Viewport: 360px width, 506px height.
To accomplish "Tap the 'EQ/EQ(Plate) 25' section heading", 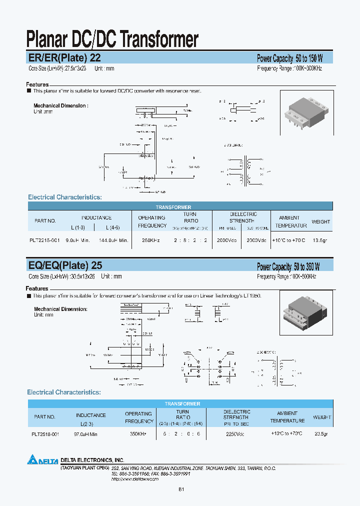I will point(65,265).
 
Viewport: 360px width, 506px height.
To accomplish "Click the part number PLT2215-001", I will point(44,240).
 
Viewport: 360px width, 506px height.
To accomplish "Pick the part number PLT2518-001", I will point(45,434).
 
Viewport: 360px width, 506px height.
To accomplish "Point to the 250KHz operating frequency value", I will point(151,240).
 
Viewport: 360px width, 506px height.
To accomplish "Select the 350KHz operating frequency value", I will point(138,434).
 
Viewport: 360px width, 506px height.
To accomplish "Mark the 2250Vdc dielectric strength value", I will point(236,434).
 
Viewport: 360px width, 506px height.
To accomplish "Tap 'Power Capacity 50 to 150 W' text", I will point(290,58).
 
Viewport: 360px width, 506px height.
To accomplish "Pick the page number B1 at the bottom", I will point(181,490).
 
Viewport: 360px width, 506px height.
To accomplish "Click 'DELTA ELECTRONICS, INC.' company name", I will point(92,459).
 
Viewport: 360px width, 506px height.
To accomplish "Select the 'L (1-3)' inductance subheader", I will point(78,227).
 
